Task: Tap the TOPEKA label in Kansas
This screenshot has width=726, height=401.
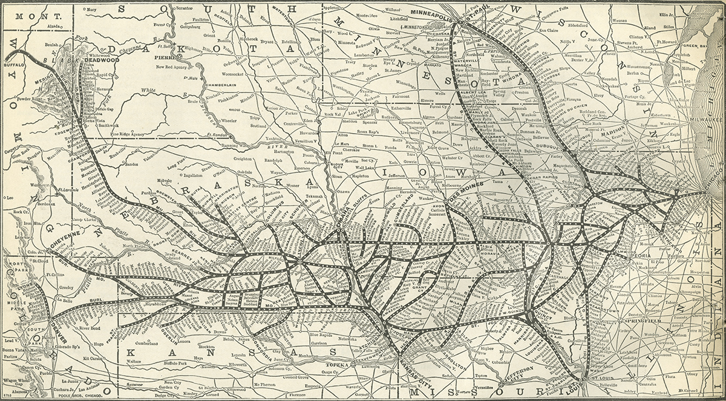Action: (338, 365)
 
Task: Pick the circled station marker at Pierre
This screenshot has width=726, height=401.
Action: (179, 56)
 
